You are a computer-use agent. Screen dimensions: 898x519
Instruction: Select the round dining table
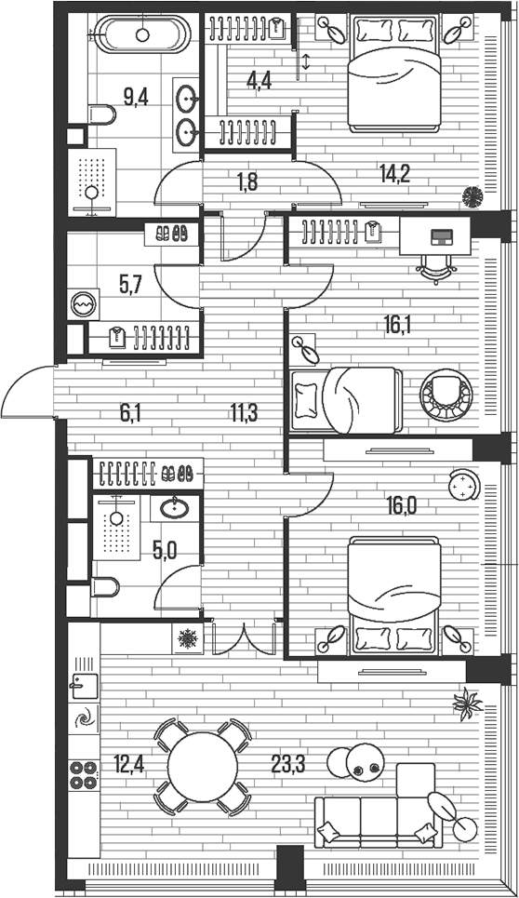tap(202, 764)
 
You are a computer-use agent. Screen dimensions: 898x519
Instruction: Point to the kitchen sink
tap(80, 687)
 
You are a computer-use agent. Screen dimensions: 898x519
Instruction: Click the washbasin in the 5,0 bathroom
tap(173, 507)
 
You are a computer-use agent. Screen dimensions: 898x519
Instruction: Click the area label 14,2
tap(394, 171)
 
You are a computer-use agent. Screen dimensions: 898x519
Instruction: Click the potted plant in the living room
tap(468, 704)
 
